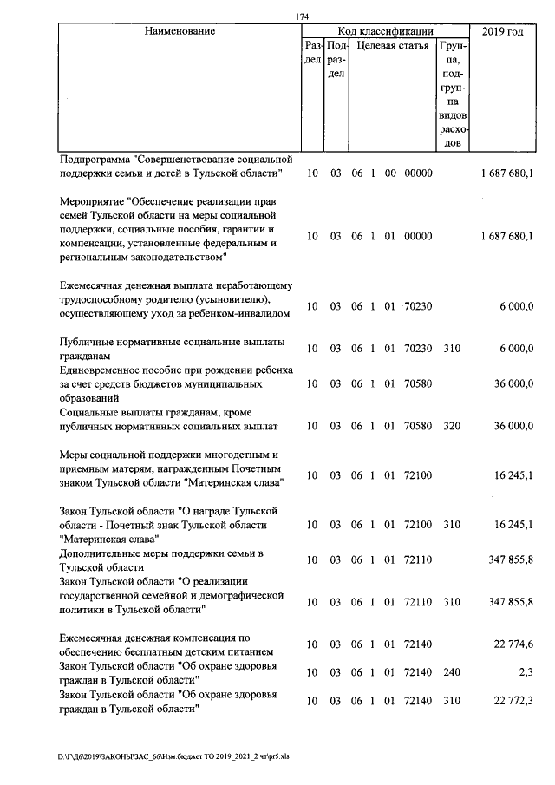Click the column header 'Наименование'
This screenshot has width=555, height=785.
180,32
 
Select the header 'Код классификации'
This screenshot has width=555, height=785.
385,32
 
